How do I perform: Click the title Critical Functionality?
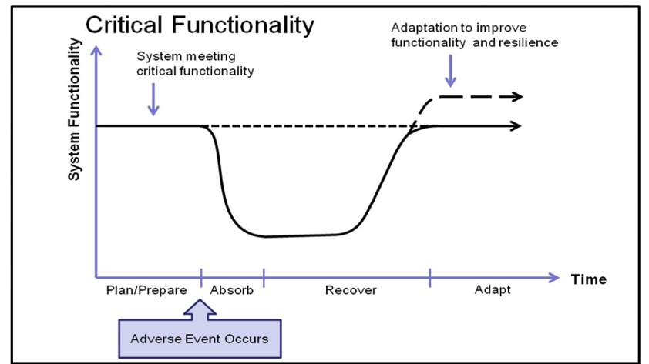coord(200,25)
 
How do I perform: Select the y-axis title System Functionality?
coord(74,109)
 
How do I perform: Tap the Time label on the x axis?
coord(589,279)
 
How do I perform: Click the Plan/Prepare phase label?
coord(146,290)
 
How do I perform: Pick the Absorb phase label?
coord(232,290)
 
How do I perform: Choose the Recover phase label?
coord(351,290)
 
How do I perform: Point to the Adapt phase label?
coord(493,289)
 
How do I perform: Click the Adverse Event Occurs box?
coord(200,339)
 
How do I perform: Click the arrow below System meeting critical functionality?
coord(153,99)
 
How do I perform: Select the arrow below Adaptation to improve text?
coord(451,71)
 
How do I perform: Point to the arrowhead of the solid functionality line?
coord(514,125)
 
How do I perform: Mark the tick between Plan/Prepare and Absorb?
coord(201,278)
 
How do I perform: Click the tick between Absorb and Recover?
coord(264,278)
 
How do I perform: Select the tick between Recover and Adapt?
coord(430,278)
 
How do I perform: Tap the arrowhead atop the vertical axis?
coord(96,51)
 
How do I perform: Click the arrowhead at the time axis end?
coord(553,278)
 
